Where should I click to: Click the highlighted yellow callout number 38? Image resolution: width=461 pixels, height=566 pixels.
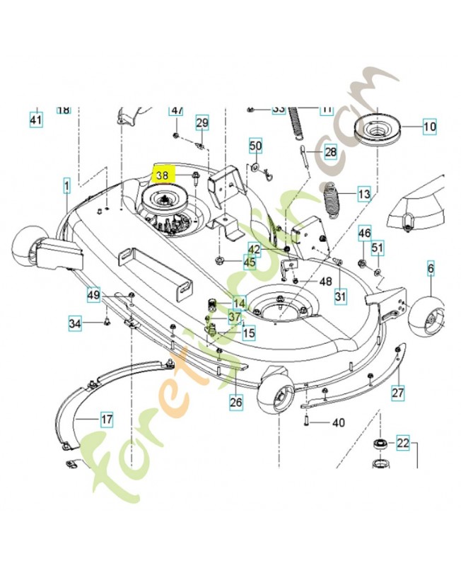(163, 173)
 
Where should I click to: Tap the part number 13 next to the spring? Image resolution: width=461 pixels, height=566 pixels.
(363, 193)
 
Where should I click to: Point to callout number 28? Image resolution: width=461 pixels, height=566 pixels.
(330, 152)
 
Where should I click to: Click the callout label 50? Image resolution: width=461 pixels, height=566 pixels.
(255, 146)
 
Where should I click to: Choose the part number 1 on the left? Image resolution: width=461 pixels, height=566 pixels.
(66, 187)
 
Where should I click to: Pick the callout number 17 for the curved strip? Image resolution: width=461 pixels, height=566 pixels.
(107, 420)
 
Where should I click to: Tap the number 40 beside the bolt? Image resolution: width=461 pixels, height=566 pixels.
(338, 423)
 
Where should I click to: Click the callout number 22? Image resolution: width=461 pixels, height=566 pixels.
(402, 444)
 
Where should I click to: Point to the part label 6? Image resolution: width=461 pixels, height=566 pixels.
(430, 268)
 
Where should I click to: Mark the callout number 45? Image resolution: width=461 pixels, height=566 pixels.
(250, 262)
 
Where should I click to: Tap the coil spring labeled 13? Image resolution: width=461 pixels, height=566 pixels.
(332, 197)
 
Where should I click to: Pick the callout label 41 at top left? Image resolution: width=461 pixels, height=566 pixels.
(36, 120)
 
